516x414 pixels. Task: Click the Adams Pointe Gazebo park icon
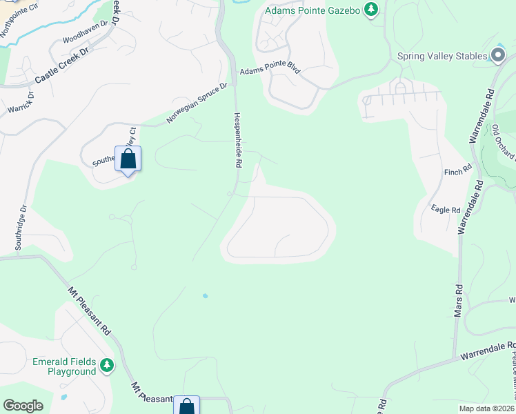pyautogui.click(x=372, y=10)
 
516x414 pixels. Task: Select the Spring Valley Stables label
pyautogui.click(x=442, y=57)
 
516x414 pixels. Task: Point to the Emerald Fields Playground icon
pyautogui.click(x=106, y=364)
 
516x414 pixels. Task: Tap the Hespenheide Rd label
pyautogui.click(x=238, y=140)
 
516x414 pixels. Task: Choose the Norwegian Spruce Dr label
pyautogui.click(x=197, y=103)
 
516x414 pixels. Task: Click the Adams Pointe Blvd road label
pyautogui.click(x=270, y=71)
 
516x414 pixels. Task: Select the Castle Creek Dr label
pyautogui.click(x=62, y=66)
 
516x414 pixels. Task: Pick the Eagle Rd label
pyautogui.click(x=445, y=210)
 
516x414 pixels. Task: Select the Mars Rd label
pyautogui.click(x=457, y=301)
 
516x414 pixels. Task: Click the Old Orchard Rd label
pyautogui.click(x=503, y=142)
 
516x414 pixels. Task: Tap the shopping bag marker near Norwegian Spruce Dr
pyautogui.click(x=128, y=159)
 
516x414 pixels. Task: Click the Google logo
pyautogui.click(x=23, y=406)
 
